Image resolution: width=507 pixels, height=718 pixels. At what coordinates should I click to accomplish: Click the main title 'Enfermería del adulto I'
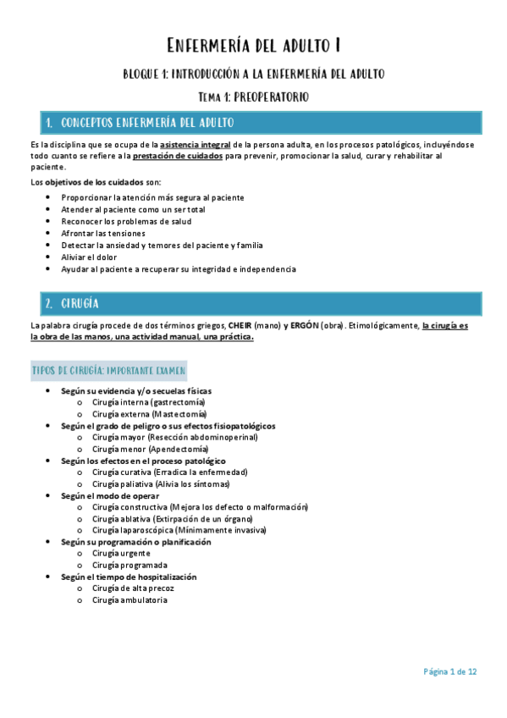point(253,45)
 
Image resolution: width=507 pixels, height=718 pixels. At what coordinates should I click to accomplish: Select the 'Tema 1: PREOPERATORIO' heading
point(253,97)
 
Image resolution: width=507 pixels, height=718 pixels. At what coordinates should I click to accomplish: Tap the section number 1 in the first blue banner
point(50,124)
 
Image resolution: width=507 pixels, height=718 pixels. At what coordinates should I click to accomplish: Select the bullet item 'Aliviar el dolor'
point(90,257)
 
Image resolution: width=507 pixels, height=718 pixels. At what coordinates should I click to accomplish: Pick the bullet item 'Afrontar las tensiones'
point(103,233)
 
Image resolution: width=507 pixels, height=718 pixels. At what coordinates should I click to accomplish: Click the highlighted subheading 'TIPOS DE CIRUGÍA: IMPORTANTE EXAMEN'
point(109,371)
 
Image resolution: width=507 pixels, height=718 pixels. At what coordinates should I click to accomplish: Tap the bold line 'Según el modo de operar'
point(110,495)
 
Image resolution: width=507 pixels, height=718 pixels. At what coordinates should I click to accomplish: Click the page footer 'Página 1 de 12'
point(450,671)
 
